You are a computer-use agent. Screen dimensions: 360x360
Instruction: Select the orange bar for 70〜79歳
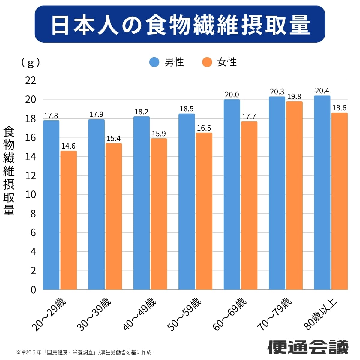[294, 195]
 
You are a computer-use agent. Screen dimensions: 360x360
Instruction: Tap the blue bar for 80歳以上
[322, 193]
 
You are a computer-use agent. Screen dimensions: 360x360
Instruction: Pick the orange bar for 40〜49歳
[159, 214]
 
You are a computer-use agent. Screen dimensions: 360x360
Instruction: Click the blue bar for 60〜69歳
[232, 194]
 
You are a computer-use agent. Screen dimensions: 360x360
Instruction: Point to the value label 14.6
[68, 146]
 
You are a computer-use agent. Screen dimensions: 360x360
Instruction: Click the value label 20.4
[322, 91]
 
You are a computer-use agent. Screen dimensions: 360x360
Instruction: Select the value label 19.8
[294, 97]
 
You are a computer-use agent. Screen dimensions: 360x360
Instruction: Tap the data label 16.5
[204, 128]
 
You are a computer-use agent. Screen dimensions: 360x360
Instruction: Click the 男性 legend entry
[167, 62]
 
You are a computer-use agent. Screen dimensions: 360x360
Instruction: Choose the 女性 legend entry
[220, 62]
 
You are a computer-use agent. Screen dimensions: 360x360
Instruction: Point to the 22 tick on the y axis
[31, 80]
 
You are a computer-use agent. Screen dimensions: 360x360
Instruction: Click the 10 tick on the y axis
[31, 195]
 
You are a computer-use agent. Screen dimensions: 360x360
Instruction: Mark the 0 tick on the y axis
[33, 290]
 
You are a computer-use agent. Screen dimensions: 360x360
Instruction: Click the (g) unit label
[31, 62]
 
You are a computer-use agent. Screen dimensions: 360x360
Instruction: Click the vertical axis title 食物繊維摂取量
[9, 171]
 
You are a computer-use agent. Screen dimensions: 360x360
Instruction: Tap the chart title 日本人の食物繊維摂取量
[180, 24]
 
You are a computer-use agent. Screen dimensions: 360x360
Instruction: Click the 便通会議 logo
[308, 347]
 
